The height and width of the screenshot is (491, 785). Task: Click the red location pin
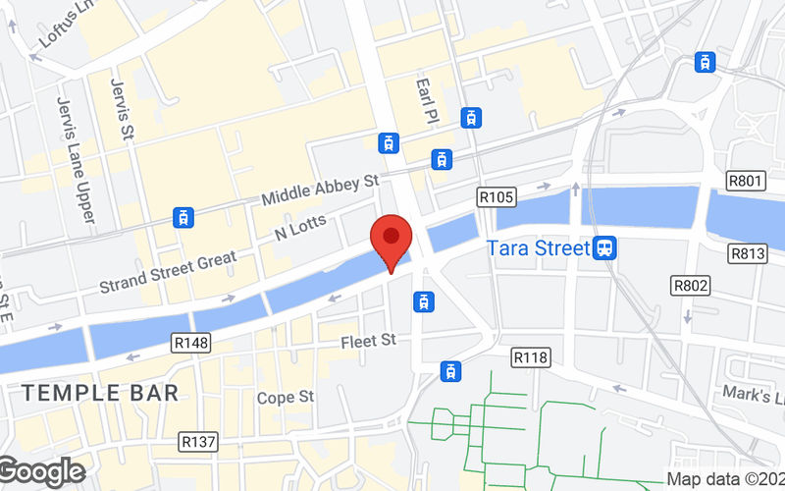click(392, 239)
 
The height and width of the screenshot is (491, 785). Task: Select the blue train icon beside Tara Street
click(604, 248)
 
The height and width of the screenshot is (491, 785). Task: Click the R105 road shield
click(496, 198)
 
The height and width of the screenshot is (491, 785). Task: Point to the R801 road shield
click(746, 181)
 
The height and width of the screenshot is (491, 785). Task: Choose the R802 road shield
click(690, 285)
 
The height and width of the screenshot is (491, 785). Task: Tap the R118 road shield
click(531, 357)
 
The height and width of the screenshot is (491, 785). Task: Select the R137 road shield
click(198, 442)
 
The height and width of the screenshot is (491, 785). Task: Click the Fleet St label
click(368, 341)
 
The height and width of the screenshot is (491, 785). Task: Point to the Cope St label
click(285, 398)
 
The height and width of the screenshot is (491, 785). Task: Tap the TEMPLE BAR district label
click(100, 393)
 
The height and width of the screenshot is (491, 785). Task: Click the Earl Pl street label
click(425, 98)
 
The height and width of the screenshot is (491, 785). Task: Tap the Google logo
click(42, 471)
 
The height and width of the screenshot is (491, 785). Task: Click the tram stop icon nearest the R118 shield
click(450, 371)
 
